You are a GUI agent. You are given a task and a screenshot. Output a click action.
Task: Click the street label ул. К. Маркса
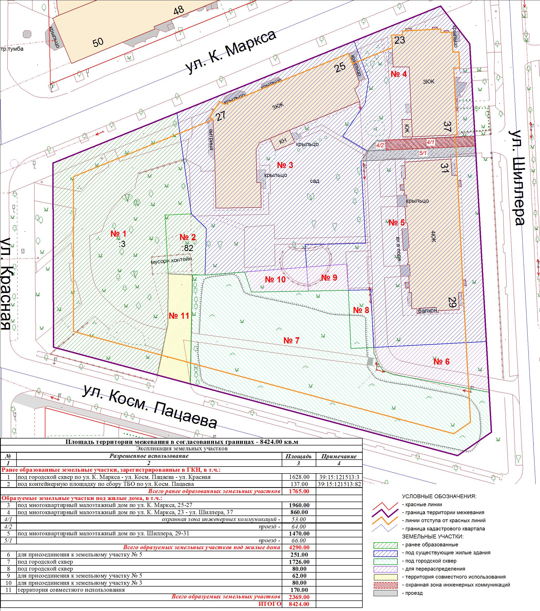tap(230, 52)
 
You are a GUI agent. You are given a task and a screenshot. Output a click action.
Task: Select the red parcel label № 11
tap(179, 316)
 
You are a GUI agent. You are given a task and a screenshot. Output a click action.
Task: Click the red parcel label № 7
tap(291, 340)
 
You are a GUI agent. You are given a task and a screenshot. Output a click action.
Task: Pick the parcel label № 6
tap(441, 362)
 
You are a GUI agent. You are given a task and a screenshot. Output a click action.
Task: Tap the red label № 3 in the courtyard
tap(285, 165)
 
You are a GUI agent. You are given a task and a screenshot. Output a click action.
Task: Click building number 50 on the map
tap(98, 42)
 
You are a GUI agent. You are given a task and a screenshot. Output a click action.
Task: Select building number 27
tap(221, 116)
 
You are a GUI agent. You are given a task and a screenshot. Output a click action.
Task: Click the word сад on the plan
tap(314, 181)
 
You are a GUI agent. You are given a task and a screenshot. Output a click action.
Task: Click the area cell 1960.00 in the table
tap(299, 505)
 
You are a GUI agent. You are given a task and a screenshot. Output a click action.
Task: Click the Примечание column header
tap(339, 456)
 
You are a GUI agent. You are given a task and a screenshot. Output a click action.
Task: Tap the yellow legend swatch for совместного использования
tap(385, 577)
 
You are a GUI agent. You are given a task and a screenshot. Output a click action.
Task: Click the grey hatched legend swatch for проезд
tap(385, 593)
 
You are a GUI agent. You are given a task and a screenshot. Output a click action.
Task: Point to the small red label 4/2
tap(380, 145)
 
